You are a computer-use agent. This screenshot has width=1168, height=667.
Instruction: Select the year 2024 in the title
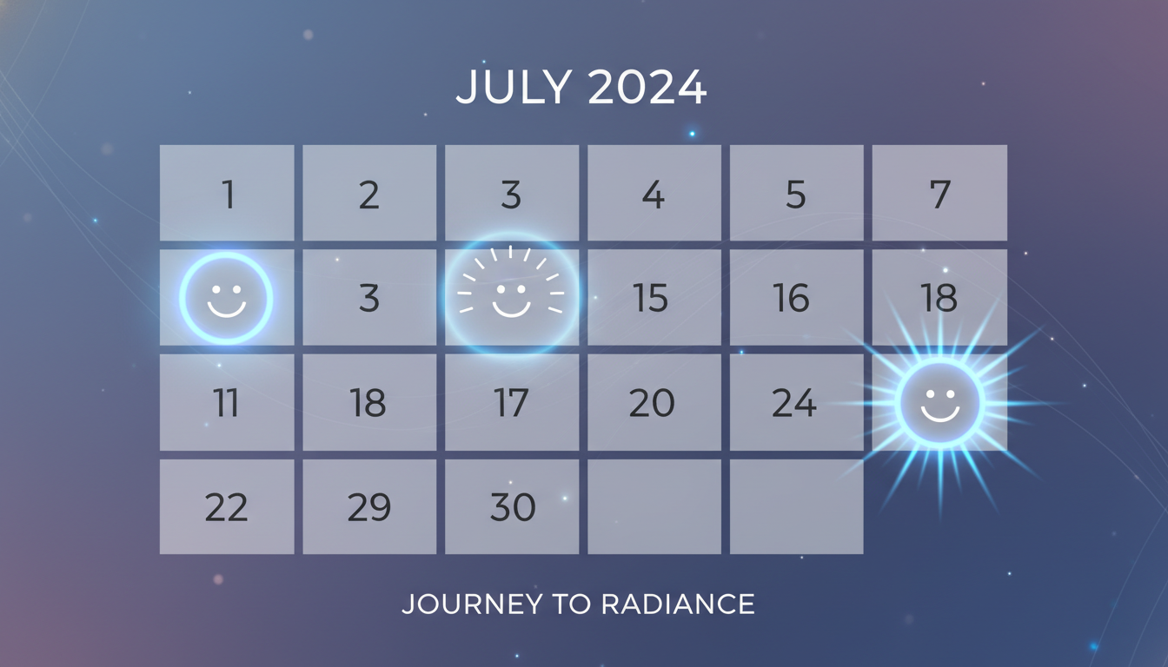click(x=647, y=87)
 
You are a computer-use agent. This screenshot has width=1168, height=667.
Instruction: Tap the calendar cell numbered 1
click(x=227, y=193)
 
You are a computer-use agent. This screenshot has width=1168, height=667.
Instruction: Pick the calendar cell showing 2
click(x=369, y=193)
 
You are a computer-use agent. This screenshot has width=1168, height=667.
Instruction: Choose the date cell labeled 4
click(x=654, y=193)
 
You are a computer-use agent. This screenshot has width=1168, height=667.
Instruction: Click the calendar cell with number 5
click(x=796, y=193)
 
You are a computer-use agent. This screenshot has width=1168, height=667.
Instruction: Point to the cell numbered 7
click(x=939, y=193)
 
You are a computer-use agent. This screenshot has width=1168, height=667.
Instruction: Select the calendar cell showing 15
click(x=654, y=298)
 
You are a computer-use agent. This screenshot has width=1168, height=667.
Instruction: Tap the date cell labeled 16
click(x=796, y=298)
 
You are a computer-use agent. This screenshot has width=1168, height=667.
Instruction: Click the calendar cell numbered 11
click(x=227, y=403)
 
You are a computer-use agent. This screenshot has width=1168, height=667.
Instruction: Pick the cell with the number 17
click(x=512, y=403)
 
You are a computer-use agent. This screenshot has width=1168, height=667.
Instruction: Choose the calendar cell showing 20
click(x=654, y=403)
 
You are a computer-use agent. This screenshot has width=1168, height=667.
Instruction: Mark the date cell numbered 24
click(x=796, y=403)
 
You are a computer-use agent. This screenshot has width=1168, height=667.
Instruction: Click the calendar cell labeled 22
click(x=227, y=507)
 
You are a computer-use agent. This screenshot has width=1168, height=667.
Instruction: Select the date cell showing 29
click(x=369, y=507)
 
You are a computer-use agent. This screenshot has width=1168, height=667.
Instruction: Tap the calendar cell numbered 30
click(x=512, y=507)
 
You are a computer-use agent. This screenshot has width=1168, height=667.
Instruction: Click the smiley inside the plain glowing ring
click(x=226, y=299)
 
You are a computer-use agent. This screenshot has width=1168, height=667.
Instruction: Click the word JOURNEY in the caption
click(x=463, y=604)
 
